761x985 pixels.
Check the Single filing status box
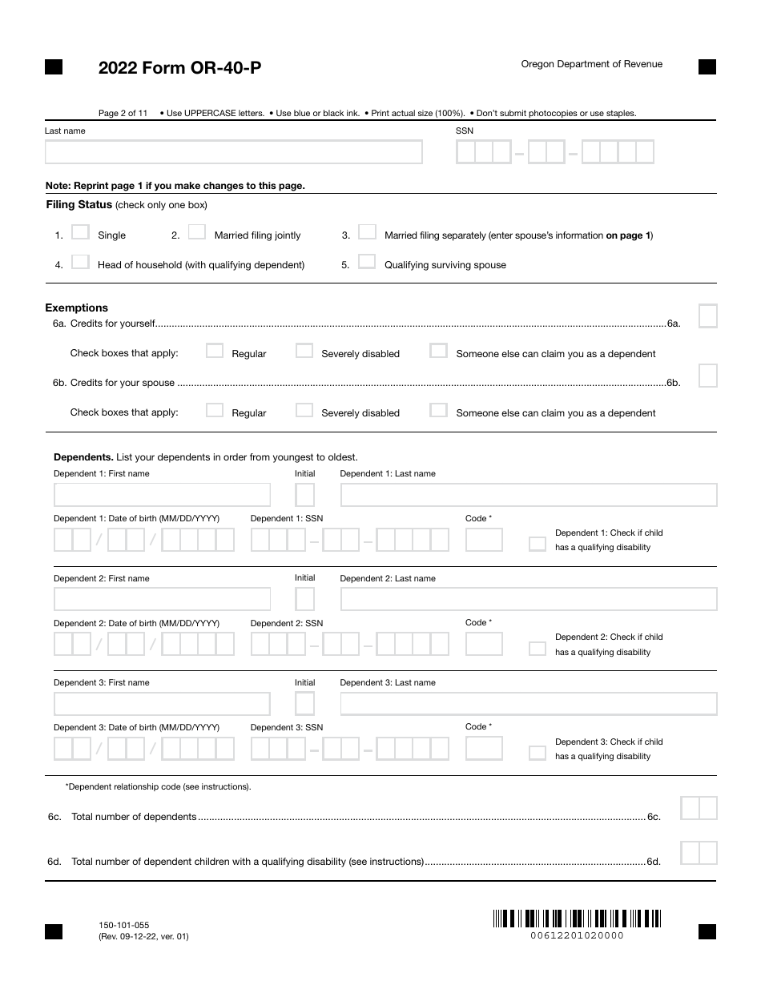click(80, 232)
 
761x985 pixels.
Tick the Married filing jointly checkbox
click(197, 232)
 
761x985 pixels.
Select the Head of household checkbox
click(80, 262)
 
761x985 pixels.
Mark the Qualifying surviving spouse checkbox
click(367, 262)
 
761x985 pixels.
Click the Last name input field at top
click(233, 152)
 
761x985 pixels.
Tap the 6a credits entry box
click(707, 316)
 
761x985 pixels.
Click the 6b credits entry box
click(707, 376)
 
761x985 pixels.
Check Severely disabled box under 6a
click(304, 351)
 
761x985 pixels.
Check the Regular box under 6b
click(215, 410)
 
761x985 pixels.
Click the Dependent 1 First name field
click(162, 495)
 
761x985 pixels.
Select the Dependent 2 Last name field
click(528, 599)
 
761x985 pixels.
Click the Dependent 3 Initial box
click(305, 704)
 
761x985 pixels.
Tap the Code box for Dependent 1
click(484, 540)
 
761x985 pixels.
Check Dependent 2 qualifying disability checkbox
click(537, 649)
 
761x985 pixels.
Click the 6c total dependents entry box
click(699, 808)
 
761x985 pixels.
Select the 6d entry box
click(699, 853)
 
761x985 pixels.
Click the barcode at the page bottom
click(577, 919)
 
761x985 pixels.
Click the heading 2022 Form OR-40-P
click(179, 68)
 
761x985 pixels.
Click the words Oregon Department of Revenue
click(591, 64)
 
